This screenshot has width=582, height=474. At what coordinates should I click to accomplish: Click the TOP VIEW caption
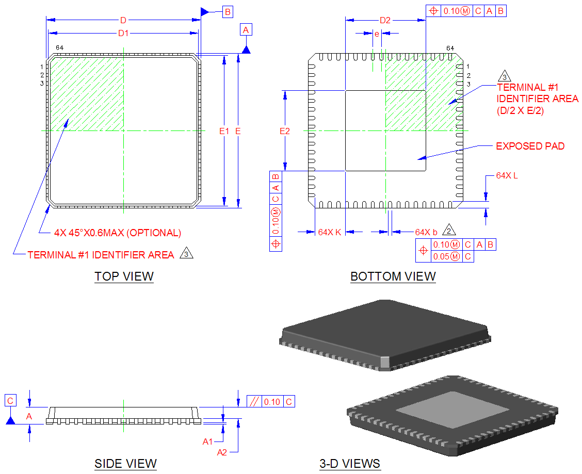click(x=124, y=276)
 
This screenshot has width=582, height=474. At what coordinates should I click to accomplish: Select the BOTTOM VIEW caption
click(x=393, y=276)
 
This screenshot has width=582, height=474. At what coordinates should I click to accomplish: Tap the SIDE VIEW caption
click(x=125, y=464)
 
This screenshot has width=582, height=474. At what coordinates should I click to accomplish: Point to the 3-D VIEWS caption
click(x=350, y=464)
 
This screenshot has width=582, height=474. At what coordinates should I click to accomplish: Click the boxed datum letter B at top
click(x=228, y=11)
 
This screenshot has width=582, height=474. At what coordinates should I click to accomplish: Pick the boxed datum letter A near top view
click(x=246, y=30)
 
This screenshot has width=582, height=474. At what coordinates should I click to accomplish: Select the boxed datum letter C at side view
click(x=10, y=400)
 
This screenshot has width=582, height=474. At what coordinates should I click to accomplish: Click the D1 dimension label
click(x=123, y=33)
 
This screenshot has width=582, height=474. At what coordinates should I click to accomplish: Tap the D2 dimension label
click(x=385, y=21)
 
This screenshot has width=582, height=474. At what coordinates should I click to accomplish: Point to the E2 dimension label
click(x=284, y=131)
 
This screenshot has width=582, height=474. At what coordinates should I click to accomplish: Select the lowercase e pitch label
click(x=377, y=34)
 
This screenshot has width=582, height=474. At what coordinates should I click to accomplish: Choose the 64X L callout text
click(x=507, y=175)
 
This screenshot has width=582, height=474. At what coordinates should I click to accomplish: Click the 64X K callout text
click(x=330, y=232)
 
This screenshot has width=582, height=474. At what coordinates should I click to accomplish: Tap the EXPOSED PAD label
click(x=530, y=146)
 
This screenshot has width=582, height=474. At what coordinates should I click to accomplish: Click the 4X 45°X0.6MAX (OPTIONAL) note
click(x=118, y=233)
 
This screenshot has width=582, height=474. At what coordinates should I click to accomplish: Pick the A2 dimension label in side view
click(x=222, y=452)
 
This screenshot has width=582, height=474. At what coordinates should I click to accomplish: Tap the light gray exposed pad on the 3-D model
click(x=452, y=407)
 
